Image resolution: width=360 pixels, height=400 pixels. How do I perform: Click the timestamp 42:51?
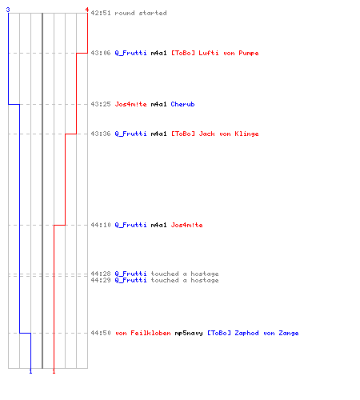[101, 13]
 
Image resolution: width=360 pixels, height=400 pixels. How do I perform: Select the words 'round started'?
[141, 13]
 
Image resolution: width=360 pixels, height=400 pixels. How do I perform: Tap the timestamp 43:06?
[101, 53]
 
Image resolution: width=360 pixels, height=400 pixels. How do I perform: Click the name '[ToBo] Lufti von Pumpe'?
[214, 53]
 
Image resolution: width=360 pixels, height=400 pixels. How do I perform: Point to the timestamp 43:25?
[101, 104]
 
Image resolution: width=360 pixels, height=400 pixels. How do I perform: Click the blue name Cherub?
[182, 104]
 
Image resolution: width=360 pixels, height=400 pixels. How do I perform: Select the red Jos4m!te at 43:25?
[130, 104]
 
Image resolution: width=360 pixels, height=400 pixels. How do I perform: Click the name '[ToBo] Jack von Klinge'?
[214, 134]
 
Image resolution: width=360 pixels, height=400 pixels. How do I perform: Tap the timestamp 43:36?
[101, 134]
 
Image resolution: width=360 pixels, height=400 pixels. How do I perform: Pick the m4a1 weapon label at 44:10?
[158, 225]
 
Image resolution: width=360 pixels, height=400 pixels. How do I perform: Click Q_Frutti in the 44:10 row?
[130, 225]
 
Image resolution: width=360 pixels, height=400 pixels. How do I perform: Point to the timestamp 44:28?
[101, 274]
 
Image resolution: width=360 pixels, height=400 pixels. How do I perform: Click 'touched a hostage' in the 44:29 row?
[185, 280]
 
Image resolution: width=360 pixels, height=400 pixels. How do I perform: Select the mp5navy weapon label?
[189, 333]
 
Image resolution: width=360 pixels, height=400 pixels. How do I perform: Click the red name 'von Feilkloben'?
[143, 333]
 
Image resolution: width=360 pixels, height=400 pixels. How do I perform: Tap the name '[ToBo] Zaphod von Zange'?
[253, 333]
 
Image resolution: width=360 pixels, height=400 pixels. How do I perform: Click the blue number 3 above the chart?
[8, 10]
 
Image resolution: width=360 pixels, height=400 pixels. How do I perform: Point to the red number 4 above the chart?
[87, 10]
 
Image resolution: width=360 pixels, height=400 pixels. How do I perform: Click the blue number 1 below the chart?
[30, 371]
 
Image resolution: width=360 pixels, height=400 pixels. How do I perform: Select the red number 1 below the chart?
[54, 371]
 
